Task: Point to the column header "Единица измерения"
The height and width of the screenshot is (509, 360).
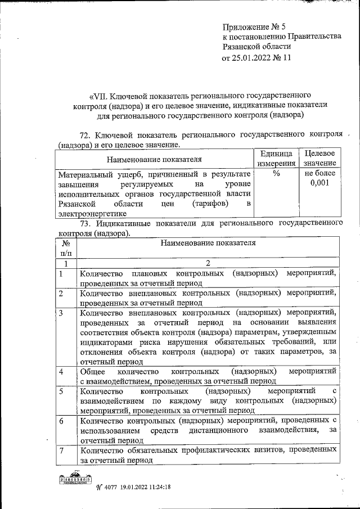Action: [277, 158]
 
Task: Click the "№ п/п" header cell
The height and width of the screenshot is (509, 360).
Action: [66, 249]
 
